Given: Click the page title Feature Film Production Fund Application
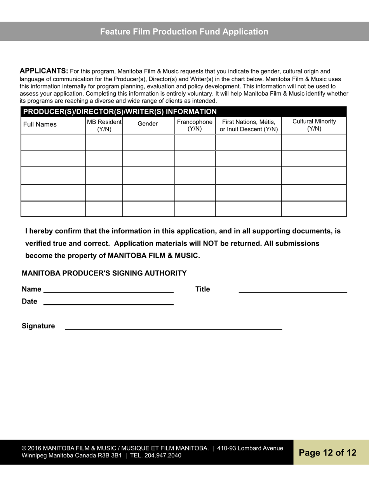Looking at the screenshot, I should [184, 32].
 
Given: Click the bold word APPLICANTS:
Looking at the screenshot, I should [44, 71].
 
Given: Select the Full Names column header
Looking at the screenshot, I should [40, 124].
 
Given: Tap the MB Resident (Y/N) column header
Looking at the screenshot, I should [104, 125].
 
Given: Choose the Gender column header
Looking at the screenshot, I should [148, 124].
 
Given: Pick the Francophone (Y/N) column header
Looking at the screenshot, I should [195, 125].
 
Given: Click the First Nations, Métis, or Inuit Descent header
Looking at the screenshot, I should [249, 125].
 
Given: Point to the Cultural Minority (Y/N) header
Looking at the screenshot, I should [314, 125].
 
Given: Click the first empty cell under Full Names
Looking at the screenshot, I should [53, 142].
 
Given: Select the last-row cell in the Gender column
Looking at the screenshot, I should [148, 209].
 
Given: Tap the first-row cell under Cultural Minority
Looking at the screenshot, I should [314, 142].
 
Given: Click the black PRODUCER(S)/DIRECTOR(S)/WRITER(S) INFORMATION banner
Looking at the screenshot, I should [120, 112].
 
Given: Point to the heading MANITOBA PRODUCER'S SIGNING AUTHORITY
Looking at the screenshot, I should [104, 273].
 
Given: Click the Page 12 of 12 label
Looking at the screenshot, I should [327, 453].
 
